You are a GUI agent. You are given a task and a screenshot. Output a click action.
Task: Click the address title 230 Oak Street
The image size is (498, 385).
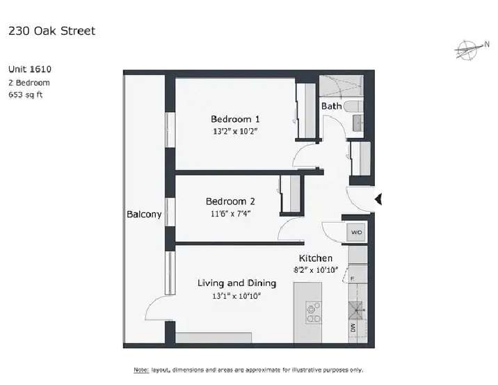tap(51, 31)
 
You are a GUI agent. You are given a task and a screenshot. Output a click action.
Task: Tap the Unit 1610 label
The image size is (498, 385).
tap(30, 70)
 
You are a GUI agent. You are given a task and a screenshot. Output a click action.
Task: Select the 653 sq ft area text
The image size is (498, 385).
tap(25, 95)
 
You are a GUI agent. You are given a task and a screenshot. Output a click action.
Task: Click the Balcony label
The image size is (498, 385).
tap(144, 214)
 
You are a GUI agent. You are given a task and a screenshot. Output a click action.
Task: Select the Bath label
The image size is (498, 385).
tap(331, 107)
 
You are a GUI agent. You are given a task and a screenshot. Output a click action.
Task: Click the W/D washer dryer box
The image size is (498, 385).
tap(356, 232)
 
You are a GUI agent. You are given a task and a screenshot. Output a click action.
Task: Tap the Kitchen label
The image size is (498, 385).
tap(316, 258)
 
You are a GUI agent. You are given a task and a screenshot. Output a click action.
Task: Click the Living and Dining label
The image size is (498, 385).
tap(236, 283)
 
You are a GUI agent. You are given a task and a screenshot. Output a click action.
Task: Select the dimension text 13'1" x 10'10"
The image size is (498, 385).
tap(237, 296)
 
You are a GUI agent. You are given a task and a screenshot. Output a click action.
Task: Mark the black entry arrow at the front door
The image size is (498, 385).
tap(379, 201)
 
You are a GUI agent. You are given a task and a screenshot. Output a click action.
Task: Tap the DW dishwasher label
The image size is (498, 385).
tap(353, 327)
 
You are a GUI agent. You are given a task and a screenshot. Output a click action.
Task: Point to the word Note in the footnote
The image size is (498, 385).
tap(140, 370)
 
